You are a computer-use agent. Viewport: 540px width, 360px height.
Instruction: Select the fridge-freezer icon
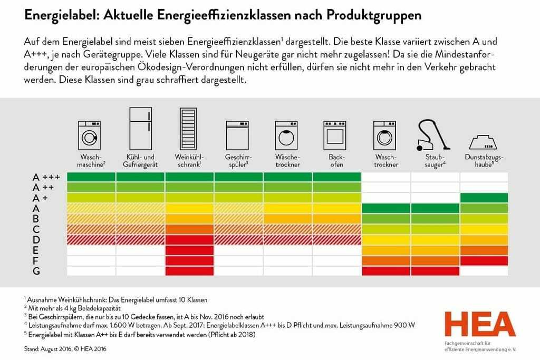pyautogui.click(x=140, y=129)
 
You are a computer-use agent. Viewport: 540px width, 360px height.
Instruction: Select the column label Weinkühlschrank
pyautogui.click(x=189, y=161)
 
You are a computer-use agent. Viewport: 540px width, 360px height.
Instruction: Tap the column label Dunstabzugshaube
pyautogui.click(x=484, y=161)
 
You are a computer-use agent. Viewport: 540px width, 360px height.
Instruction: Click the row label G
pyautogui.click(x=36, y=271)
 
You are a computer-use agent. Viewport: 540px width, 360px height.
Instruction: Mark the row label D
pyautogui.click(x=36, y=239)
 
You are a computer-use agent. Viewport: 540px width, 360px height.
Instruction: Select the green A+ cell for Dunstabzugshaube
pyautogui.click(x=484, y=198)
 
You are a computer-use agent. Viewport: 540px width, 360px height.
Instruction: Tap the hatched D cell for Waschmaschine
pyautogui.click(x=91, y=239)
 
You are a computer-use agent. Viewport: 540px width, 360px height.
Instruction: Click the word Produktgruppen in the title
pyautogui.click(x=374, y=15)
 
